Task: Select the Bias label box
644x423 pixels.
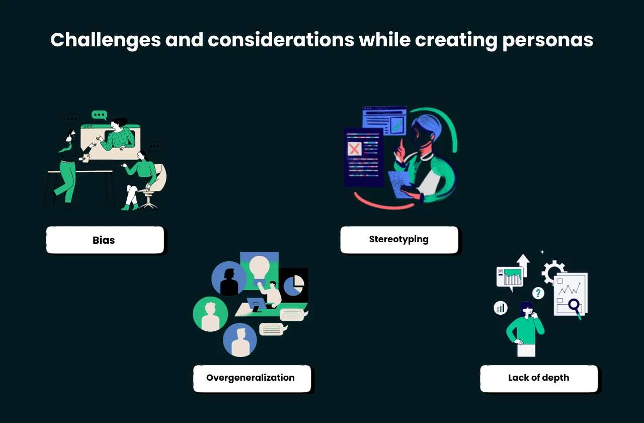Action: (105, 240)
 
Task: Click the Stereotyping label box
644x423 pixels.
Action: (399, 240)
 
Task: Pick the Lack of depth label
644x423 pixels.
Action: (539, 378)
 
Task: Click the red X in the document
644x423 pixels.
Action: (354, 149)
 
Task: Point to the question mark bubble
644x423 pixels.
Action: (538, 293)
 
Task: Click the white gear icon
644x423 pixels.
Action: (553, 272)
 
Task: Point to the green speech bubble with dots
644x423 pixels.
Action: (99, 115)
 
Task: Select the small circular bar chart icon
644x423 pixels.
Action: (501, 307)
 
